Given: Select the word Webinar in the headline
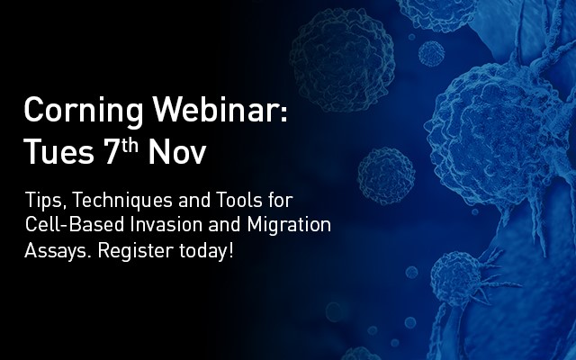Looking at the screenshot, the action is coord(214,109).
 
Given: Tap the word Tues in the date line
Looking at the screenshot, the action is coord(58,151).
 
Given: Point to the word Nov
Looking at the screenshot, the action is coord(177,151).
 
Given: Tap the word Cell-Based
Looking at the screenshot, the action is coord(75,224).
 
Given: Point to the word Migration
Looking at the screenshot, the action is coord(289,226).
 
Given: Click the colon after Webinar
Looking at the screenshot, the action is coord(283,112).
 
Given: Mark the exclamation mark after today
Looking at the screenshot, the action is coord(230,250).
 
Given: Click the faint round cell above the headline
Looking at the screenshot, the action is coord(342,59).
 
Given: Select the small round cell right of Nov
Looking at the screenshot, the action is coord(386,176).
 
